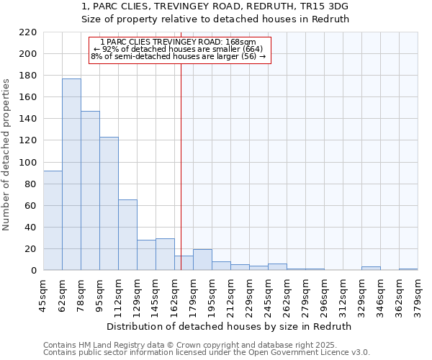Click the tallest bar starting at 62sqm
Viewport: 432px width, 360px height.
pyautogui.click(x=71, y=174)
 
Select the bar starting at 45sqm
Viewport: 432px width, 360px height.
pyautogui.click(x=53, y=220)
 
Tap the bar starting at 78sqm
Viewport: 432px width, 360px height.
pyautogui.click(x=90, y=191)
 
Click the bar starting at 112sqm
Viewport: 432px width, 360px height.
pyautogui.click(x=127, y=235)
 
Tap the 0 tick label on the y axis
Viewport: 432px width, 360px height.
pyautogui.click(x=33, y=271)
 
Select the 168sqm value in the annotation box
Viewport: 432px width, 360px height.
pyautogui.click(x=242, y=42)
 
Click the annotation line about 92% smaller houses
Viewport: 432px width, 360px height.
pyautogui.click(x=179, y=49)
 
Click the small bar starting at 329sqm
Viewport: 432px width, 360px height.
pyautogui.click(x=371, y=269)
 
